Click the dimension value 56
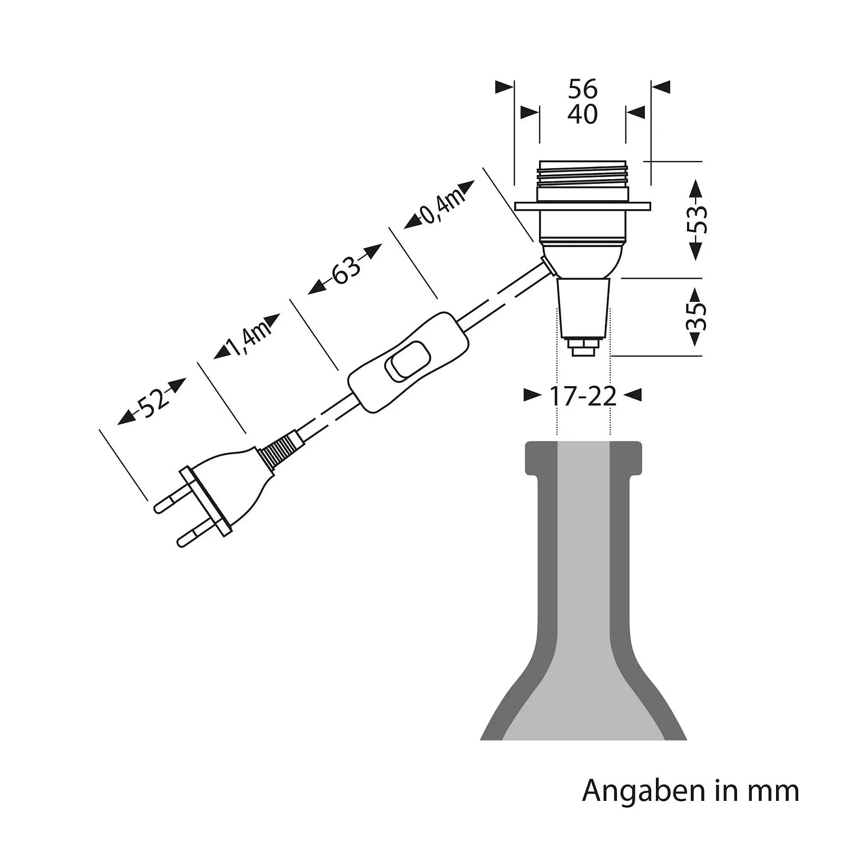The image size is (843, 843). pos(582,89)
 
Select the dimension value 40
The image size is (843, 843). pos(582,114)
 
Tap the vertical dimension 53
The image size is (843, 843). pos(697,220)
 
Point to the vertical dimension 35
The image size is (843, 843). pos(697,316)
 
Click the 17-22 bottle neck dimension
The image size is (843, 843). pos(582,396)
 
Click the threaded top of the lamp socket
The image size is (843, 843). pos(582,174)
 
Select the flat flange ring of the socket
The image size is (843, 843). pos(582,206)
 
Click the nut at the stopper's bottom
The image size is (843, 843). pos(583,348)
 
